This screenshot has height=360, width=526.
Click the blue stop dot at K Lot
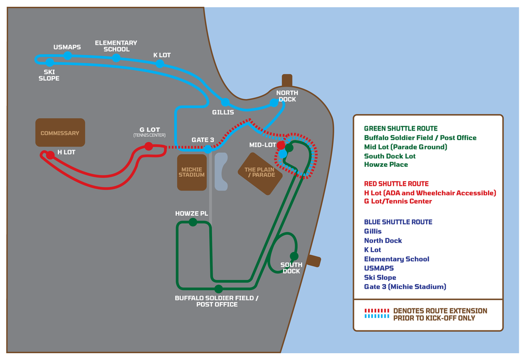(160, 64)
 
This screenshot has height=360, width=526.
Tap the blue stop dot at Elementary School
(116, 57)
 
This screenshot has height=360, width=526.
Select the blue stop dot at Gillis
(225, 102)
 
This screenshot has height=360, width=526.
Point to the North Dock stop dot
(274, 103)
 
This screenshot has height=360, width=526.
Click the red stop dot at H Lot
(50, 155)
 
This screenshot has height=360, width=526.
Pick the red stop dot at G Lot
(149, 146)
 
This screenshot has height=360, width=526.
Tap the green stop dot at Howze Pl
(193, 222)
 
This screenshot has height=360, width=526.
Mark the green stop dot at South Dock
(294, 256)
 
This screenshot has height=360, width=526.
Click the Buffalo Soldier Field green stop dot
(218, 289)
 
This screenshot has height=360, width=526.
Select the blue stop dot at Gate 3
(208, 149)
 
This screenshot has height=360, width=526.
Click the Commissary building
(60, 133)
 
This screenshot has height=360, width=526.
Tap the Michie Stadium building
(191, 172)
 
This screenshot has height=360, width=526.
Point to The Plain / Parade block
(260, 173)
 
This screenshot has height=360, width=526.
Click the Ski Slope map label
(48, 75)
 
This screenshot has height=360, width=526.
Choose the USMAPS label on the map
(67, 47)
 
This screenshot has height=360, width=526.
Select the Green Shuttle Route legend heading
(401, 128)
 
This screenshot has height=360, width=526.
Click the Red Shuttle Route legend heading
(396, 184)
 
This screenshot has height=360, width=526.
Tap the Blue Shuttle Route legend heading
(398, 222)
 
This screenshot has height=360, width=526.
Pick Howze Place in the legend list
(386, 165)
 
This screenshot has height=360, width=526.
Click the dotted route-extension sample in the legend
(377, 314)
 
